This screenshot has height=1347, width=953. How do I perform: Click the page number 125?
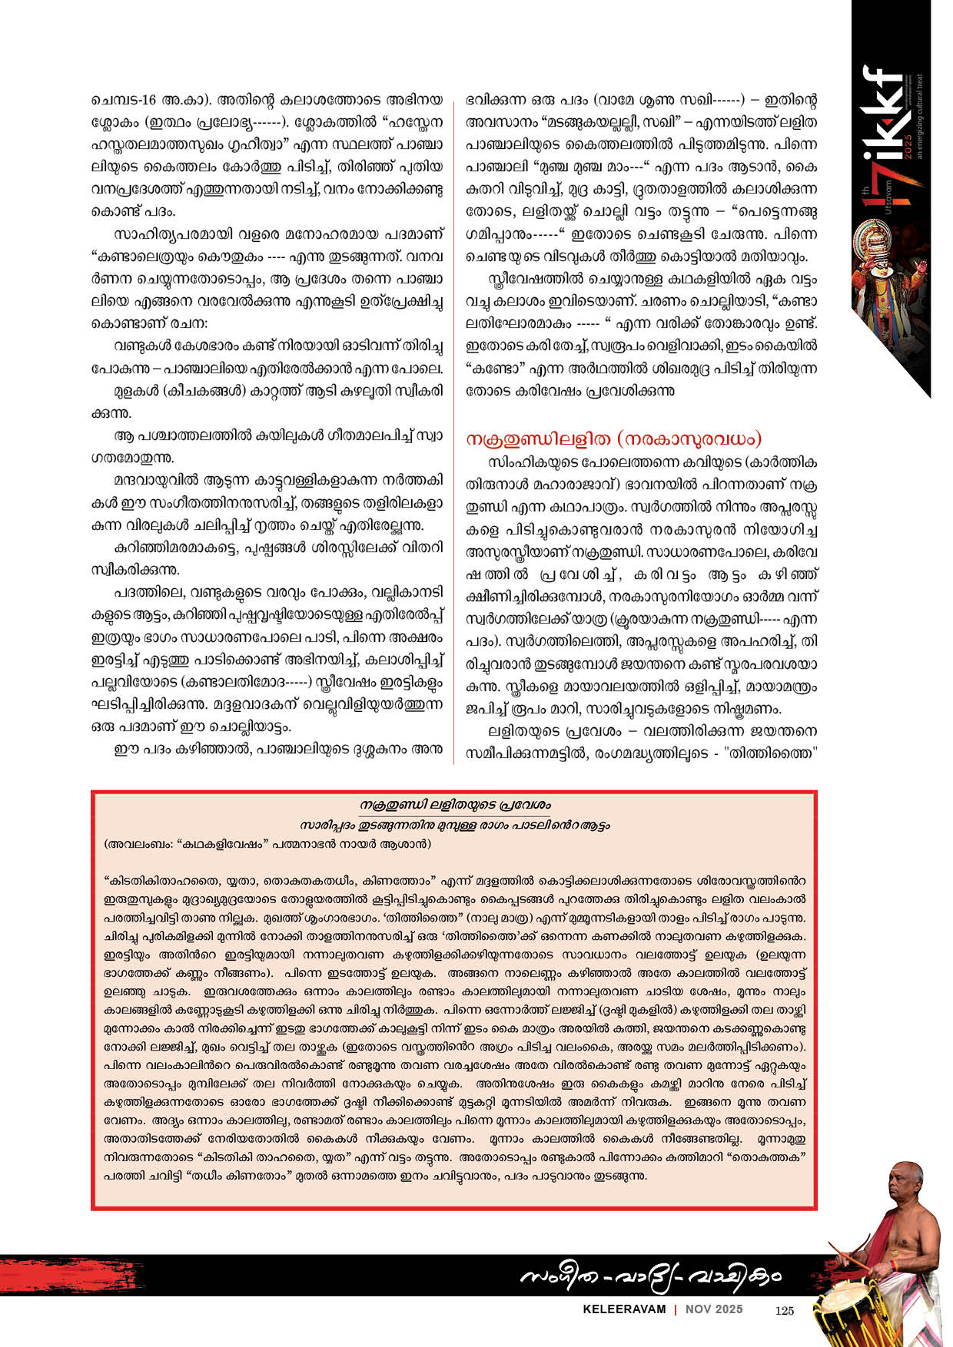coord(784,1310)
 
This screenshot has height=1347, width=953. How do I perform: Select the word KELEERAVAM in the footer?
coord(623,1310)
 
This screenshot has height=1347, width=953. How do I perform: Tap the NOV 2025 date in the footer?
coord(714,1310)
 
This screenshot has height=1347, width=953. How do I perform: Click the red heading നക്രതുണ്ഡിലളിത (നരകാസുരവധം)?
coord(614,439)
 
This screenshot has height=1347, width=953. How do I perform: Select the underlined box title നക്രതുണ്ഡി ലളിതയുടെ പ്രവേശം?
coord(456,805)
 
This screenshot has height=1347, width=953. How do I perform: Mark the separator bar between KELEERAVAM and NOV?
coord(675,1310)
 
